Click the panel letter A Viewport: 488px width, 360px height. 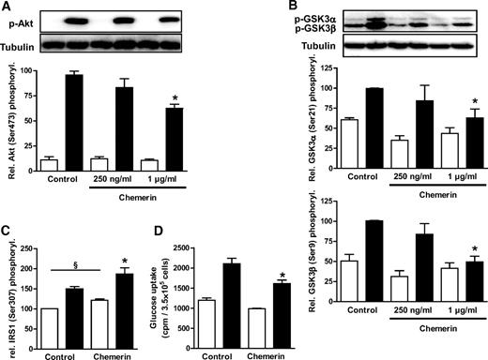point(7,7)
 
